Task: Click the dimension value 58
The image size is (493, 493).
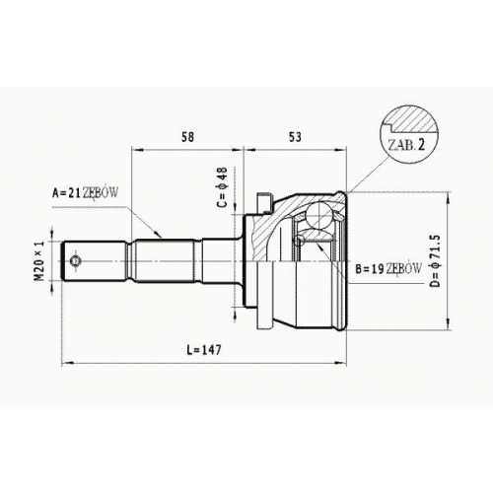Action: click(x=187, y=137)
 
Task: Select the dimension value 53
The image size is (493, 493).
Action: click(x=295, y=137)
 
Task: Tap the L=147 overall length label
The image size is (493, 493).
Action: click(x=204, y=350)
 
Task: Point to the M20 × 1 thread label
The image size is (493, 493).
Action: click(x=39, y=260)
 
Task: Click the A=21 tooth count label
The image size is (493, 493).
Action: click(x=67, y=193)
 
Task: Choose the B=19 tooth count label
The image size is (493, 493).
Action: click(x=370, y=269)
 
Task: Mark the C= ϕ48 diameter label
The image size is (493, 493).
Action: click(x=222, y=187)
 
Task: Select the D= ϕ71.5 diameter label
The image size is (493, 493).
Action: click(x=435, y=261)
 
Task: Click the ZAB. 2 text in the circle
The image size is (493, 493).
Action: click(x=406, y=145)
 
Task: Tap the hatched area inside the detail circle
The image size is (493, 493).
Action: click(x=415, y=122)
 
